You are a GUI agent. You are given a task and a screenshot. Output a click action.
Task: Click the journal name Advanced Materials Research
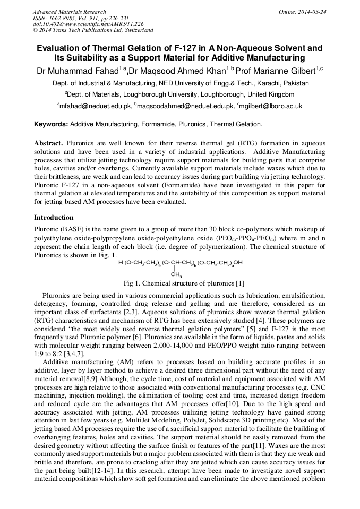pyautogui.click(x=69, y=12)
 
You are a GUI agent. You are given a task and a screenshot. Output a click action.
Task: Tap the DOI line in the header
pyautogui.click(x=88, y=24)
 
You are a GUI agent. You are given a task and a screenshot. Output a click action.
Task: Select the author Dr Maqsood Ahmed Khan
pyautogui.click(x=178, y=71)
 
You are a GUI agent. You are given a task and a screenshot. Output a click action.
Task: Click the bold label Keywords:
pyautogui.click(x=51, y=124)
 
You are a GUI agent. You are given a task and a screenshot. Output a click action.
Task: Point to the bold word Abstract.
pyautogui.click(x=48, y=144)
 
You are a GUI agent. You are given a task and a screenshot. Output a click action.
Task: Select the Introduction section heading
pyautogui.click(x=54, y=218)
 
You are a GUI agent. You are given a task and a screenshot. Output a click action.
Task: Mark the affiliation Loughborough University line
pyautogui.click(x=179, y=94)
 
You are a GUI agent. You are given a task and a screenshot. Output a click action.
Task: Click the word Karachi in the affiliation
pyautogui.click(x=256, y=83)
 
